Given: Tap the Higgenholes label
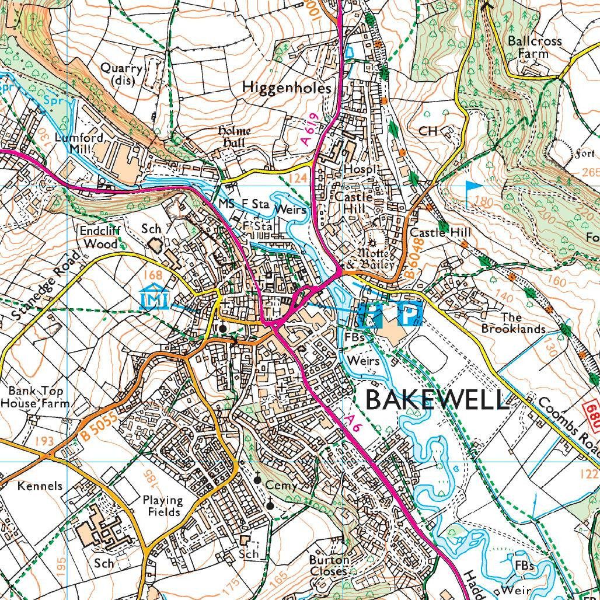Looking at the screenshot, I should [x=287, y=88].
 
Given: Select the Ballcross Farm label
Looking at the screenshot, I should [x=534, y=47].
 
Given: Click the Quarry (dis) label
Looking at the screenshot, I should [x=121, y=74].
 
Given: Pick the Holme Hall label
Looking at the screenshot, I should [x=234, y=137].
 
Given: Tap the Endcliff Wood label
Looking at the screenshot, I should [x=100, y=236].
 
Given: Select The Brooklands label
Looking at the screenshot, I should [x=513, y=323].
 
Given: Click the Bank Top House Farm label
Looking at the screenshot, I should [x=35, y=397].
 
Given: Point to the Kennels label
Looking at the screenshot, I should [x=40, y=486].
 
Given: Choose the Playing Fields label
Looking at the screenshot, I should [x=163, y=506].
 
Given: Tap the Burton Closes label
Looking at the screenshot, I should [x=329, y=565].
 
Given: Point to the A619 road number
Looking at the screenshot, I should [x=309, y=129].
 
